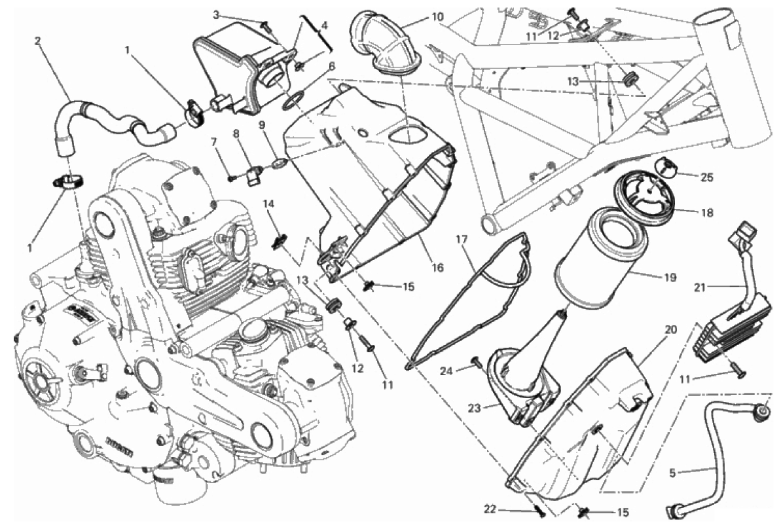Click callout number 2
point(37,41)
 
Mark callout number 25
point(688,177)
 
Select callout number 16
point(437,267)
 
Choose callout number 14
point(269,204)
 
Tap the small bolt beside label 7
point(231,177)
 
